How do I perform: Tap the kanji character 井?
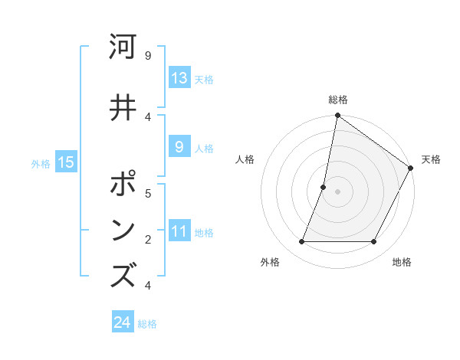[123, 106]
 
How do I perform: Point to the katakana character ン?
[123, 231]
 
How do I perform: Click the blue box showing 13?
[179, 78]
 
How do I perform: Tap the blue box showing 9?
[179, 148]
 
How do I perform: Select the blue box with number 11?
[179, 232]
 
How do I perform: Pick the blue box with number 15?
[66, 162]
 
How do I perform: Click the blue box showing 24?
[123, 322]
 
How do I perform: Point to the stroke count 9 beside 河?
[147, 55]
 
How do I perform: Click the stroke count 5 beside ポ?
[147, 193]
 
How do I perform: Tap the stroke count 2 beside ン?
[147, 240]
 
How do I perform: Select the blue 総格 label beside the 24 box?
[147, 324]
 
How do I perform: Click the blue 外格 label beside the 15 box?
[40, 163]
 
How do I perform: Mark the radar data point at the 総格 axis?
[337, 116]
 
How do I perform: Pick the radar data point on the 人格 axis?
[324, 187]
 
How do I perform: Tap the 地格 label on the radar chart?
[402, 263]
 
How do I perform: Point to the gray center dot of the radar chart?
[337, 191]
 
